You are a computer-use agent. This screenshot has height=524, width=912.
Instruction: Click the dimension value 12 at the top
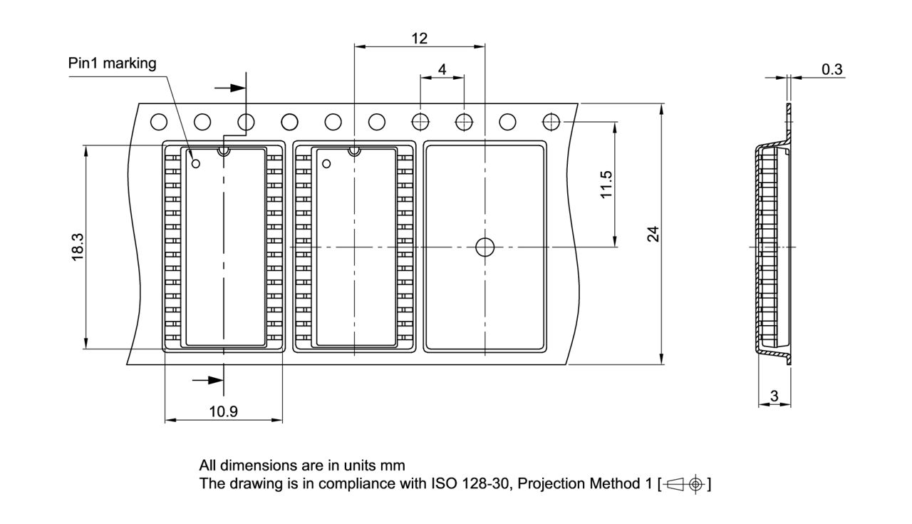click(419, 38)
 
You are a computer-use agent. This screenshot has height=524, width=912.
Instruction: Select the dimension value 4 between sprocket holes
click(442, 69)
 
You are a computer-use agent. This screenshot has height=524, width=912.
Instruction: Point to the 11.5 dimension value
click(606, 185)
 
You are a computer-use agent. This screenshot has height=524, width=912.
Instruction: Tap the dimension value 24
click(653, 234)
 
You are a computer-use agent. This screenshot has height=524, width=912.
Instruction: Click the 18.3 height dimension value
click(78, 247)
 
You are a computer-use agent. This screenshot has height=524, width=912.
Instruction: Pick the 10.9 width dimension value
click(223, 411)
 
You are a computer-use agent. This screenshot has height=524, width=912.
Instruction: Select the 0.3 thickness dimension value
click(831, 69)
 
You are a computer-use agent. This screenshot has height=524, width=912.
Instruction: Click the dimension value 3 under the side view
click(774, 396)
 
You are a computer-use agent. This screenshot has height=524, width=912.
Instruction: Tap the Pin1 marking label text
click(112, 63)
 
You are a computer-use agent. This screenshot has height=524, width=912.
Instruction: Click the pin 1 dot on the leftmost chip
click(197, 164)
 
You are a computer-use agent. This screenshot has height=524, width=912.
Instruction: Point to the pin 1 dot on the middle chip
click(326, 164)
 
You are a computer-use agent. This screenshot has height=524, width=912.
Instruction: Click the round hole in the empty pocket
click(484, 247)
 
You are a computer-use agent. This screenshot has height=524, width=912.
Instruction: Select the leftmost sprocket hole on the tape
click(158, 123)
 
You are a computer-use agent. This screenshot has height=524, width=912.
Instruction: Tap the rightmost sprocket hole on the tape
click(551, 123)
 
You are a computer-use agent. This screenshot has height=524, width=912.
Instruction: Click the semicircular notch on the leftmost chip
click(224, 150)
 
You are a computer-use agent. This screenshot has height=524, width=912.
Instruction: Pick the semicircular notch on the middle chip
click(354, 150)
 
